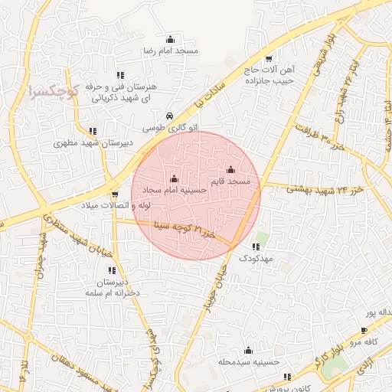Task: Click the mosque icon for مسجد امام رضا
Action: [170, 39]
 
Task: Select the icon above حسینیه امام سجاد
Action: [174, 179]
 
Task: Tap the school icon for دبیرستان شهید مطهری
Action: [93, 131]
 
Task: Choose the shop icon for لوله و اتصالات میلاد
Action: [115, 194]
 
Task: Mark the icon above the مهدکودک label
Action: [256, 247]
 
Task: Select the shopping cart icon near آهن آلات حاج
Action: [269, 58]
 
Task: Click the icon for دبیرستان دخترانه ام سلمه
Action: [112, 270]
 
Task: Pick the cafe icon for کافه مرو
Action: [364, 331]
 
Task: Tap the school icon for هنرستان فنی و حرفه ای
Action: [120, 75]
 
